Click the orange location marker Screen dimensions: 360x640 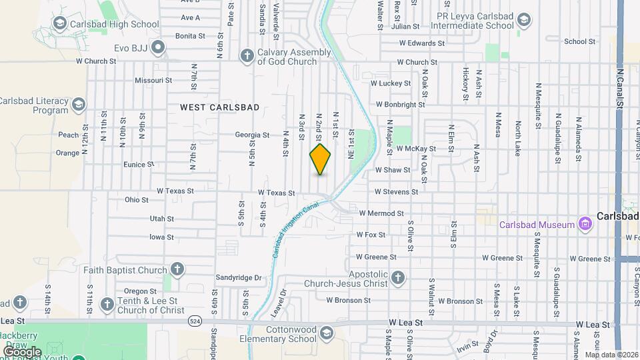click(320, 159)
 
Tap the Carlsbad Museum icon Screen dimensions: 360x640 click(585, 224)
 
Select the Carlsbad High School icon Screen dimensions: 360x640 click(59, 25)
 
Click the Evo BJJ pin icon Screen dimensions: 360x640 click(158, 47)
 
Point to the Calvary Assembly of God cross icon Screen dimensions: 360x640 click(247, 56)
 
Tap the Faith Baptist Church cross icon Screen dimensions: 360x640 click(177, 270)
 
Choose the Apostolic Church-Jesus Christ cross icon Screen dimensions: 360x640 click(398, 277)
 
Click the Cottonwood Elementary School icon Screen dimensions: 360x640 click(327, 333)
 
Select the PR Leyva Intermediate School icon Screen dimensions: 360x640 click(524, 19)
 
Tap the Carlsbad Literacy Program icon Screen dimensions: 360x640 click(79, 105)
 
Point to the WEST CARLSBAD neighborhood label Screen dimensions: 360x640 click(219, 107)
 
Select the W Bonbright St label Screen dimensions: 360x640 click(400, 105)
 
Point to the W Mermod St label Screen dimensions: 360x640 click(381, 213)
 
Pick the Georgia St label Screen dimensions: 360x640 click(252, 135)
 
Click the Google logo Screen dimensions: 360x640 click(21, 351)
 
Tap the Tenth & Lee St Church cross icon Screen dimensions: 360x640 click(107, 305)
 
